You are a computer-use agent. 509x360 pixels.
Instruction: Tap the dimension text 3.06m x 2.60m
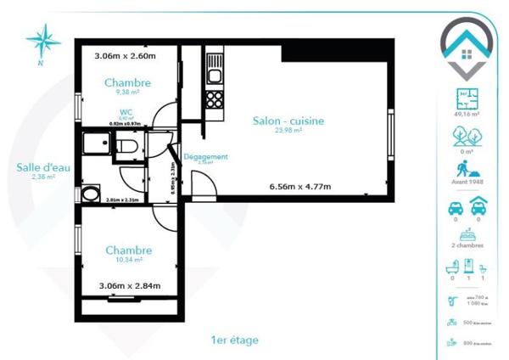[123, 56]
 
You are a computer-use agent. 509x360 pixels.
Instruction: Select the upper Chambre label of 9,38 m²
[128, 82]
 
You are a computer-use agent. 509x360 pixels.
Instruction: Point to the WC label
[126, 111]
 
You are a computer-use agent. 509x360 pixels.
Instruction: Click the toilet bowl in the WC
[126, 147]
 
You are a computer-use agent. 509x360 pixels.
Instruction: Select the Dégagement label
[205, 157]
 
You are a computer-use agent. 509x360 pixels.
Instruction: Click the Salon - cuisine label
[288, 121]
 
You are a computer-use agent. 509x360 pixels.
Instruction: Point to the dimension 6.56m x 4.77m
[299, 186]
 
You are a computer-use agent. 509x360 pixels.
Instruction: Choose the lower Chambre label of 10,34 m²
[128, 250]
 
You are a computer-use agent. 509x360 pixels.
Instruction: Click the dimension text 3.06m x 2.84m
[129, 286]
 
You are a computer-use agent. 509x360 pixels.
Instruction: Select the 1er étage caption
[235, 340]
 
